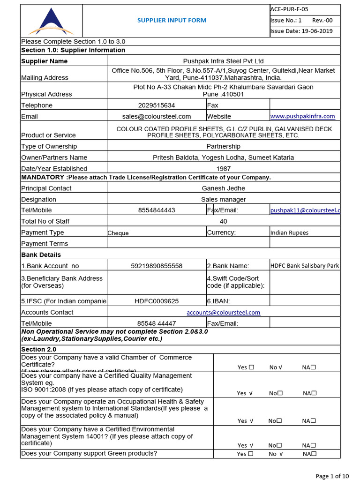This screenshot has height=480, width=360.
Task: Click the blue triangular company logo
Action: tap(51, 22)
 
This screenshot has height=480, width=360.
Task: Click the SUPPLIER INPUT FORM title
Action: tap(172, 20)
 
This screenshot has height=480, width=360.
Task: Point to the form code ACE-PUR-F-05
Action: tap(289, 9)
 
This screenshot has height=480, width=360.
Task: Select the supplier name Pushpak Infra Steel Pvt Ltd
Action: tap(223, 61)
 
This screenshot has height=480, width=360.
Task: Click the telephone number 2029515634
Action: tap(157, 105)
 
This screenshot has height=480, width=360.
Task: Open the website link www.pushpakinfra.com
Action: tap(303, 116)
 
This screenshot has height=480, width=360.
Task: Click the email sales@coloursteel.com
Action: tap(157, 116)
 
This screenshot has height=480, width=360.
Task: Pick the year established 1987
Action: tap(223, 168)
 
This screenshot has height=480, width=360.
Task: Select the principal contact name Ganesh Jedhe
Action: tap(223, 188)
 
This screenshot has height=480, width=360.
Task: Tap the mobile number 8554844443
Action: tap(157, 210)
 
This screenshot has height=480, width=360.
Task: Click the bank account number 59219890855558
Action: tap(157, 266)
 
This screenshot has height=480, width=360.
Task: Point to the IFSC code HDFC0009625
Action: tap(157, 301)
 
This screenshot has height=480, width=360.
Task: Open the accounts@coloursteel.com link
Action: tap(223, 312)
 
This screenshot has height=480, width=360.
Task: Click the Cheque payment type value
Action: tap(118, 233)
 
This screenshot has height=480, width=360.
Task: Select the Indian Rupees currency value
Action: tap(289, 232)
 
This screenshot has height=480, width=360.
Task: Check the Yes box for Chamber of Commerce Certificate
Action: tap(252, 367)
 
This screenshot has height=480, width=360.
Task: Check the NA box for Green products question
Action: tap(314, 453)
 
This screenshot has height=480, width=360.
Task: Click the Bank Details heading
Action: tap(41, 255)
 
